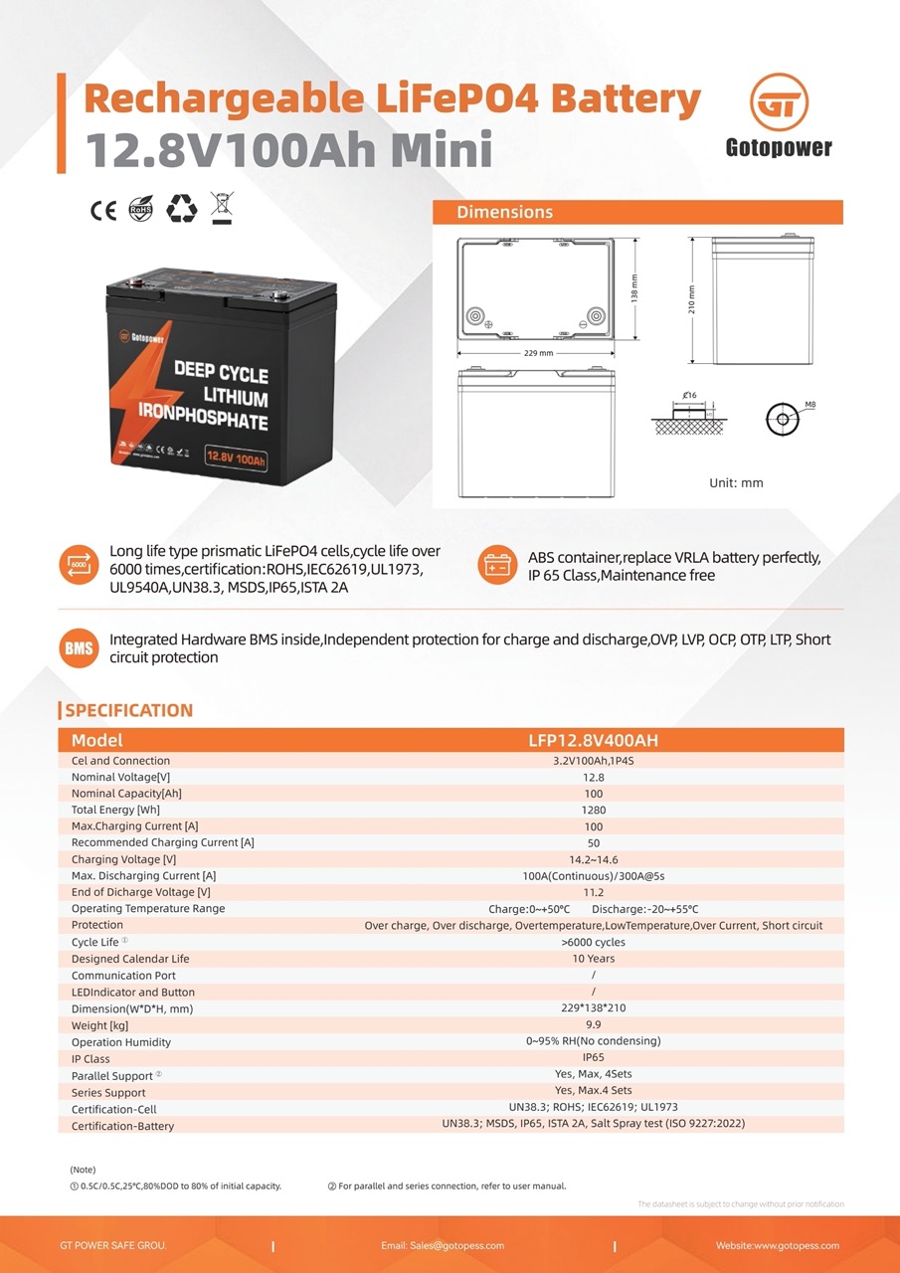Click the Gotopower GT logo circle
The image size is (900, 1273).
[x=779, y=103]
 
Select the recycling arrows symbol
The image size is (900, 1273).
[x=182, y=208]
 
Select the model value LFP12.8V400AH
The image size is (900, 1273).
[x=593, y=741]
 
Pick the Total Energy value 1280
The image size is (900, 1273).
[x=594, y=810]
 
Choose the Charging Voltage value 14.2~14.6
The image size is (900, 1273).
[x=594, y=859]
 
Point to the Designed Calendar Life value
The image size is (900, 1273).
[x=594, y=959]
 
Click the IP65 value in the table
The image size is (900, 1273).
[x=594, y=1058]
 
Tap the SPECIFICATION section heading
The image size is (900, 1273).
[x=128, y=710]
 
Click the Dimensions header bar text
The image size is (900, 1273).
[x=504, y=212]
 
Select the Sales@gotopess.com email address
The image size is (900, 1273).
[x=443, y=1245]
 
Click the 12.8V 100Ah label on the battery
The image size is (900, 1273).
[x=236, y=458]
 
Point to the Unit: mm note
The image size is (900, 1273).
[x=736, y=482]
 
